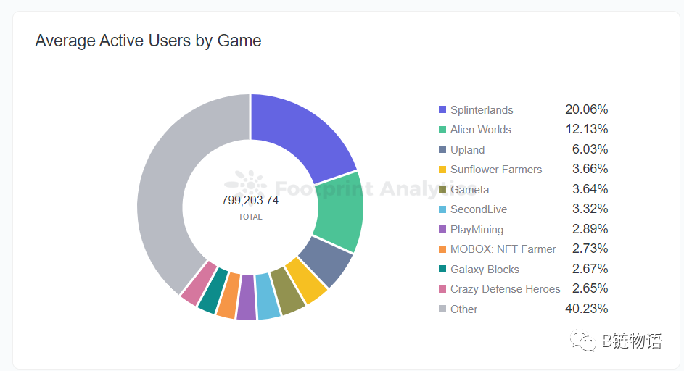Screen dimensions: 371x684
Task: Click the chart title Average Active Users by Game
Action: click(x=148, y=41)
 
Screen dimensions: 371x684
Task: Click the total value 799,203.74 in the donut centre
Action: click(x=250, y=201)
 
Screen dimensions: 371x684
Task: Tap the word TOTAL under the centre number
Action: click(x=250, y=217)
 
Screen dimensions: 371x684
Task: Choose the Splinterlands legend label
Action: click(x=482, y=110)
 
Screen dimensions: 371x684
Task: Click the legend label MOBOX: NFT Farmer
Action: click(x=503, y=249)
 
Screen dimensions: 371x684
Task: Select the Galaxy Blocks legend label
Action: click(x=485, y=270)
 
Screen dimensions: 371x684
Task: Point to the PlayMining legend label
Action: click(x=477, y=230)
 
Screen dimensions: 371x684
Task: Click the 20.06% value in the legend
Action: click(x=586, y=109)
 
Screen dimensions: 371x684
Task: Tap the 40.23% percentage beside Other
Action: click(x=586, y=309)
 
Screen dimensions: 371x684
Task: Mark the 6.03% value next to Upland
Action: click(x=589, y=149)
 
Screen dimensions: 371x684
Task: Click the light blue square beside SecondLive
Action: click(x=442, y=209)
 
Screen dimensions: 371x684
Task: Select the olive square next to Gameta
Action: click(x=442, y=190)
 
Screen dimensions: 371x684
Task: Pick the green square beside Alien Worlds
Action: click(x=442, y=130)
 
